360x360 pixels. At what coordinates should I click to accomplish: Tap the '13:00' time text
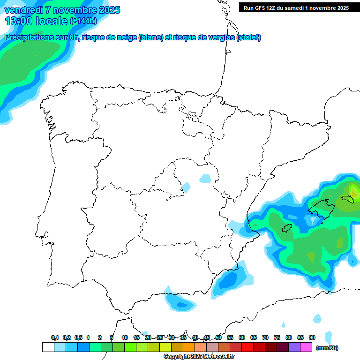pos(18,21)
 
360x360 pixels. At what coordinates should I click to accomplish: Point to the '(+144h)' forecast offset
pos(83,21)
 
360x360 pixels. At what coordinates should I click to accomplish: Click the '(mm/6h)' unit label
pos(327,348)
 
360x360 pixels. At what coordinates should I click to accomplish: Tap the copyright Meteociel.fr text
pos(198,357)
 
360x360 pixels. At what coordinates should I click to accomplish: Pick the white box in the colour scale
pos(48,347)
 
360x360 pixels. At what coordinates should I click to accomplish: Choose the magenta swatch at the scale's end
pos(306,347)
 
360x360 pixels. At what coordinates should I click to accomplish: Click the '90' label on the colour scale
pos(312,337)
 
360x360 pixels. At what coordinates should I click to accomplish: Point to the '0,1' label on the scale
pos(55,337)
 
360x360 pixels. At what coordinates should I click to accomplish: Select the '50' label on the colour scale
pos(218,337)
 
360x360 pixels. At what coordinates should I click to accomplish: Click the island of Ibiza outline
pos(287,228)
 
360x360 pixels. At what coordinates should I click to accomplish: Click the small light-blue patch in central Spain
pos(205,179)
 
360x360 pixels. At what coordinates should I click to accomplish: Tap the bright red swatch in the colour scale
pos(247,347)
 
